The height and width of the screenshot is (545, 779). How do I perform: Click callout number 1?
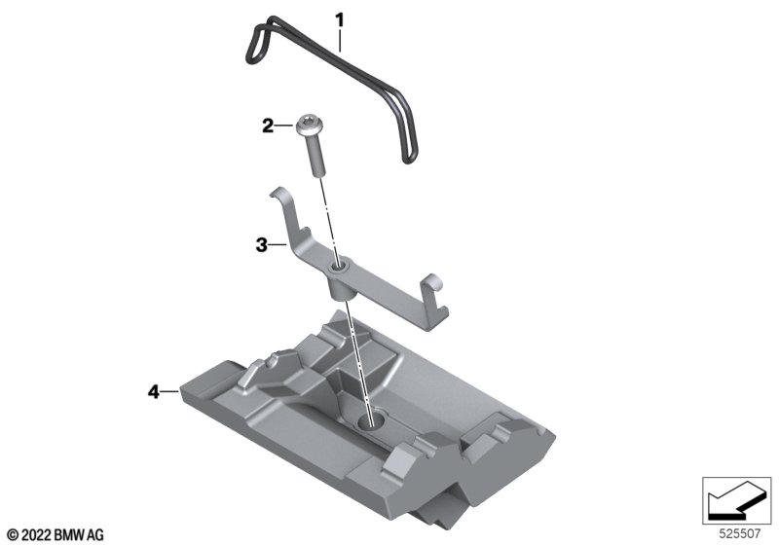(x=340, y=20)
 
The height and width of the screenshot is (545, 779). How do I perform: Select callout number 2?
(x=267, y=127)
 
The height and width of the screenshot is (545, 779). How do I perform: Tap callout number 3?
(x=261, y=244)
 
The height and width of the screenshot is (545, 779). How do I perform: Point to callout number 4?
(x=154, y=391)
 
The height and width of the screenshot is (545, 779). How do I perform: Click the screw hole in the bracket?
(x=339, y=270)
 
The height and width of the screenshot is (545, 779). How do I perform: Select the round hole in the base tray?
(x=371, y=421)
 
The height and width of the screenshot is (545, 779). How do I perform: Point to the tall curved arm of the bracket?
(x=289, y=218)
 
